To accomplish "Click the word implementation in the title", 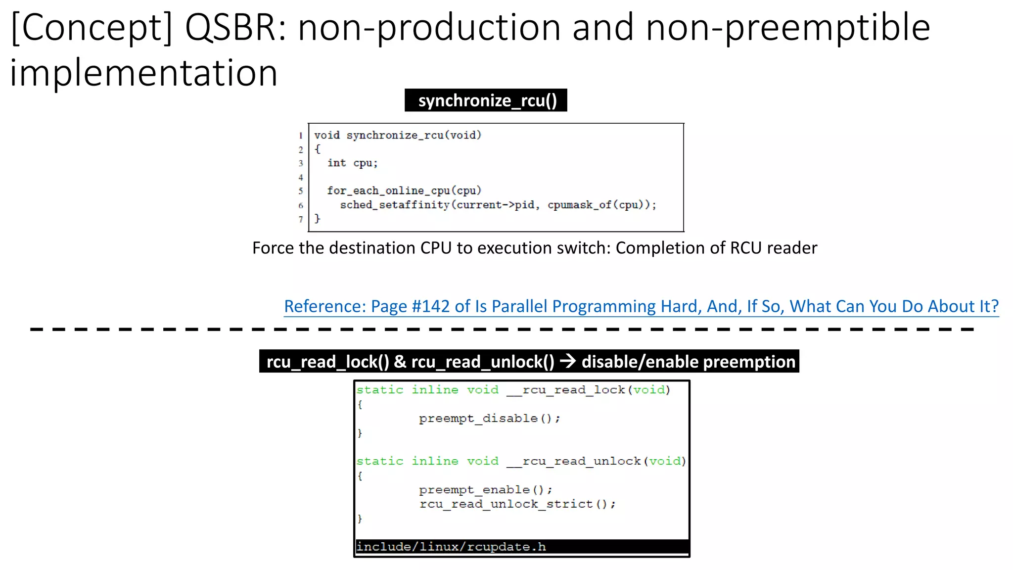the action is coord(143,73).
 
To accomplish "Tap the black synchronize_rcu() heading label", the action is coord(487,100).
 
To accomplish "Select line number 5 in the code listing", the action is coord(301,191).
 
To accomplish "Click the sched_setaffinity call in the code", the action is coord(395,205).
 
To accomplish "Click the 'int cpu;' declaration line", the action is coord(352,163).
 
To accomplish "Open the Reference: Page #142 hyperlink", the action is coord(641,306).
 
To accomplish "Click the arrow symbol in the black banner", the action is coord(568,362).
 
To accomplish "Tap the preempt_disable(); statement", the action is coord(489,419).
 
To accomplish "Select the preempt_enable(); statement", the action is coord(485,490).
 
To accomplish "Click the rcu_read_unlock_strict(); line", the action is coord(517,504).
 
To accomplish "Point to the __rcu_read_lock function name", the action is coord(566,390).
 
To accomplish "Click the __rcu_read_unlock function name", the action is coord(574,461).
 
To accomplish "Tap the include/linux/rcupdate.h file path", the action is coord(451,547).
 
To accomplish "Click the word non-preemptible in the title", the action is coord(788,28).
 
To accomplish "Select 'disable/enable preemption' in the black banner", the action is coord(688,362).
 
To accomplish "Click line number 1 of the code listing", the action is coord(301,136).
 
